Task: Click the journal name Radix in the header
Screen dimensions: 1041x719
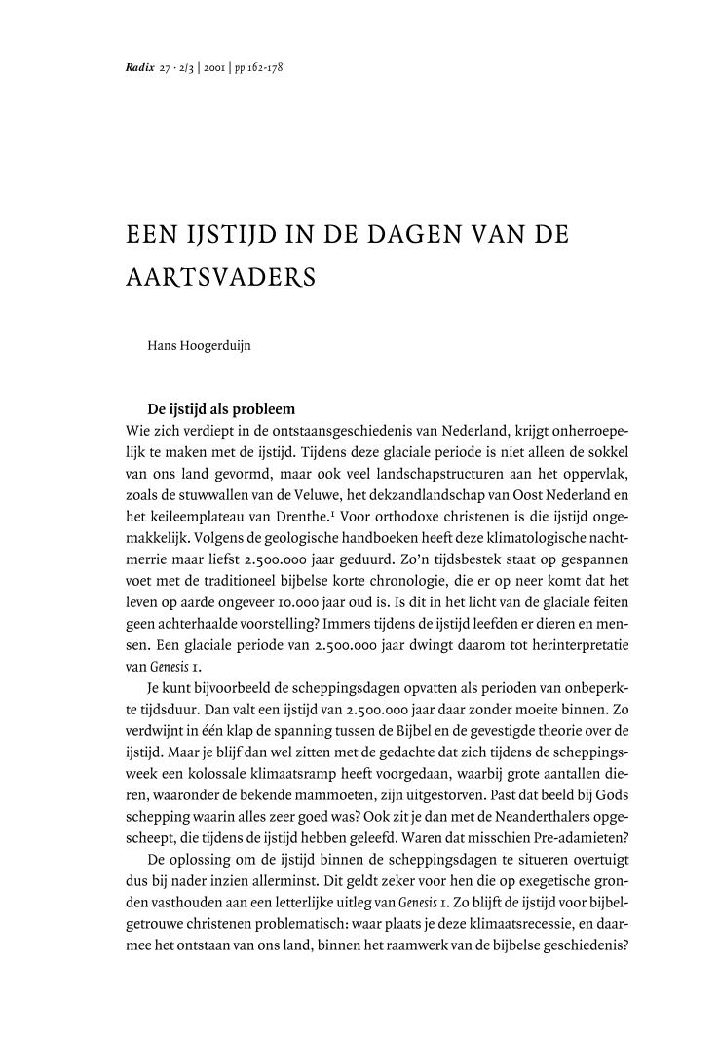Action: pyautogui.click(x=140, y=69)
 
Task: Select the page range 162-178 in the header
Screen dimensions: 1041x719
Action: pyautogui.click(x=265, y=69)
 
